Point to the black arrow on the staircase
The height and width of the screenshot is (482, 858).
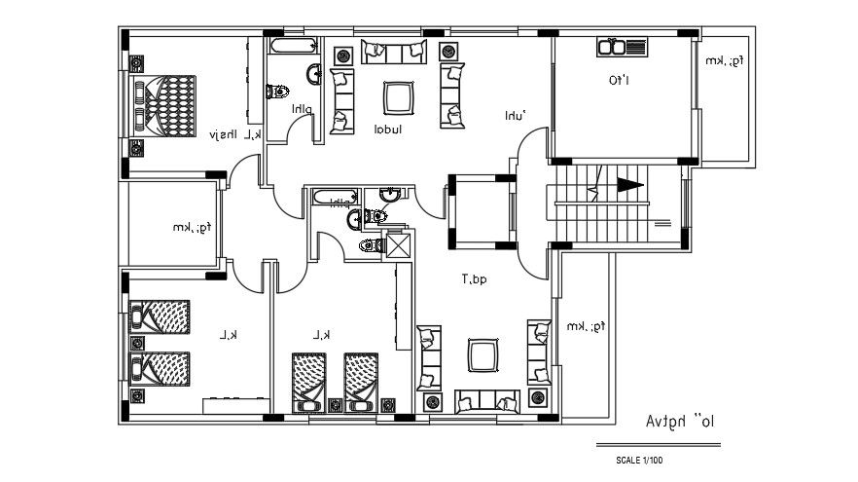(x=628, y=185)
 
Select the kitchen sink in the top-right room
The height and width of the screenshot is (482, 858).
(x=621, y=47)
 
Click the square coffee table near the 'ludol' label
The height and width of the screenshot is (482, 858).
(x=396, y=97)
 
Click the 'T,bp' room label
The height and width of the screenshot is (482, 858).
(x=474, y=279)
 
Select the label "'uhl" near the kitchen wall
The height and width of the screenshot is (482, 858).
(x=515, y=115)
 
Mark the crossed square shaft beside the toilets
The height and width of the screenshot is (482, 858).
(x=399, y=245)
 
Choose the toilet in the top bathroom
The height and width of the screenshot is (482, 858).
(x=277, y=91)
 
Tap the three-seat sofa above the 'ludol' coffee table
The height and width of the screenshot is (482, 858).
(x=393, y=52)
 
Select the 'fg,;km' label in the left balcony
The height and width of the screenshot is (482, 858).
(x=193, y=228)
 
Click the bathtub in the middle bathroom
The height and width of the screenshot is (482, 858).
(x=334, y=198)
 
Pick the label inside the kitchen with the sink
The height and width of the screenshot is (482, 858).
(x=619, y=81)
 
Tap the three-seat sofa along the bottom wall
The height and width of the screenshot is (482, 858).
(x=487, y=400)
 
